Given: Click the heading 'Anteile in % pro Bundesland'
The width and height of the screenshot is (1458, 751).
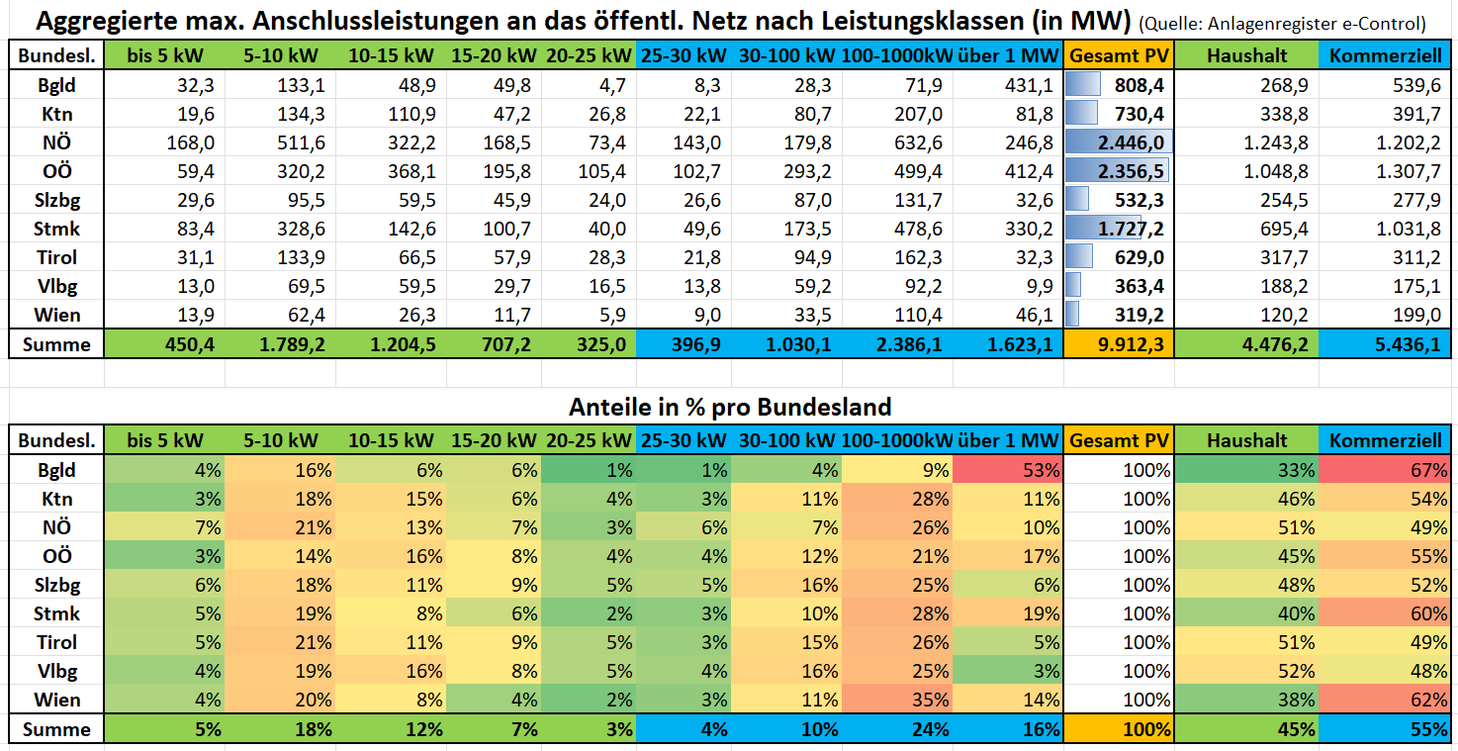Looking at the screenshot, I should click(x=730, y=407).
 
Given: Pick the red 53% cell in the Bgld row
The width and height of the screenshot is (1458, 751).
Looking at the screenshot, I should click(x=1009, y=470).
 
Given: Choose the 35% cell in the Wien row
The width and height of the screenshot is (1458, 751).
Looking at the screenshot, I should click(x=898, y=700).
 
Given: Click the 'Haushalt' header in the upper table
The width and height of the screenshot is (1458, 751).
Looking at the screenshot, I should click(x=1246, y=56).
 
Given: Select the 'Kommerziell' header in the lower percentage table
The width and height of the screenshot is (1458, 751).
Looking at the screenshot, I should click(x=1385, y=440).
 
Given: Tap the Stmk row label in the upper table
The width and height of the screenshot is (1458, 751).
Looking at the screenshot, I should click(x=56, y=229).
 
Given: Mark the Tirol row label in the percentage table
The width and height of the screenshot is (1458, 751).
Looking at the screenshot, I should click(x=56, y=642).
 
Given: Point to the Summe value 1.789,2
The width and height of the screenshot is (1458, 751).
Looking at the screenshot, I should click(x=285, y=344).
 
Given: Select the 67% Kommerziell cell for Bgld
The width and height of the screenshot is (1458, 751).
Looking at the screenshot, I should click(x=1385, y=470).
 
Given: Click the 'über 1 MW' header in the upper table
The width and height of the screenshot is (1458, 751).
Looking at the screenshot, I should click(x=1008, y=56).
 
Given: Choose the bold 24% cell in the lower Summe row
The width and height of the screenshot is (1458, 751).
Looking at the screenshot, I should click(x=898, y=729).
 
